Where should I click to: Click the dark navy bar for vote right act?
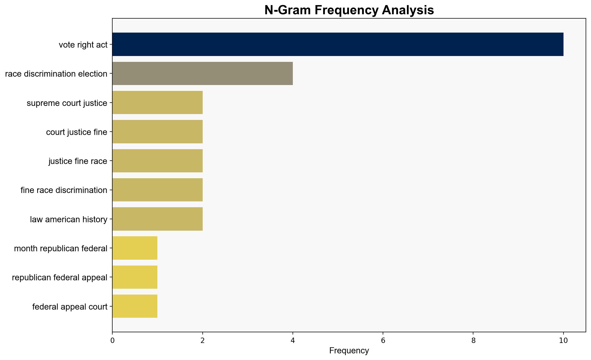(x=338, y=44)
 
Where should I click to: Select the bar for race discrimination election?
(x=202, y=73)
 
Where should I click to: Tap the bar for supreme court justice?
(x=157, y=103)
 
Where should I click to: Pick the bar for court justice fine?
(x=157, y=132)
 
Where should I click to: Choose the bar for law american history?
(x=157, y=219)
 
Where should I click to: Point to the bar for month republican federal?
(x=135, y=248)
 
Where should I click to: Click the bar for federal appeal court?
(x=135, y=306)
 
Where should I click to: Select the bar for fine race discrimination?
(x=157, y=190)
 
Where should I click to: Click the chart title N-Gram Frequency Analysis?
(x=349, y=10)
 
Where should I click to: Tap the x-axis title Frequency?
(x=349, y=351)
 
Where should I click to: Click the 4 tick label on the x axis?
(x=293, y=340)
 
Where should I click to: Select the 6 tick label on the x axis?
(x=383, y=340)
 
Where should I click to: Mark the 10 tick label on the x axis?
(x=563, y=340)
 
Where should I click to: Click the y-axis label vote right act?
(x=83, y=45)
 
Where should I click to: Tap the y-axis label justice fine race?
(x=78, y=161)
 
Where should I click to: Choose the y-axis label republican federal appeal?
(x=60, y=278)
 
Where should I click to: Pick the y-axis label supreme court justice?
(x=67, y=103)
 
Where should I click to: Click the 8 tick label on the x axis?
(x=473, y=340)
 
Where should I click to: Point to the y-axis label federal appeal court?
(x=70, y=307)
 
